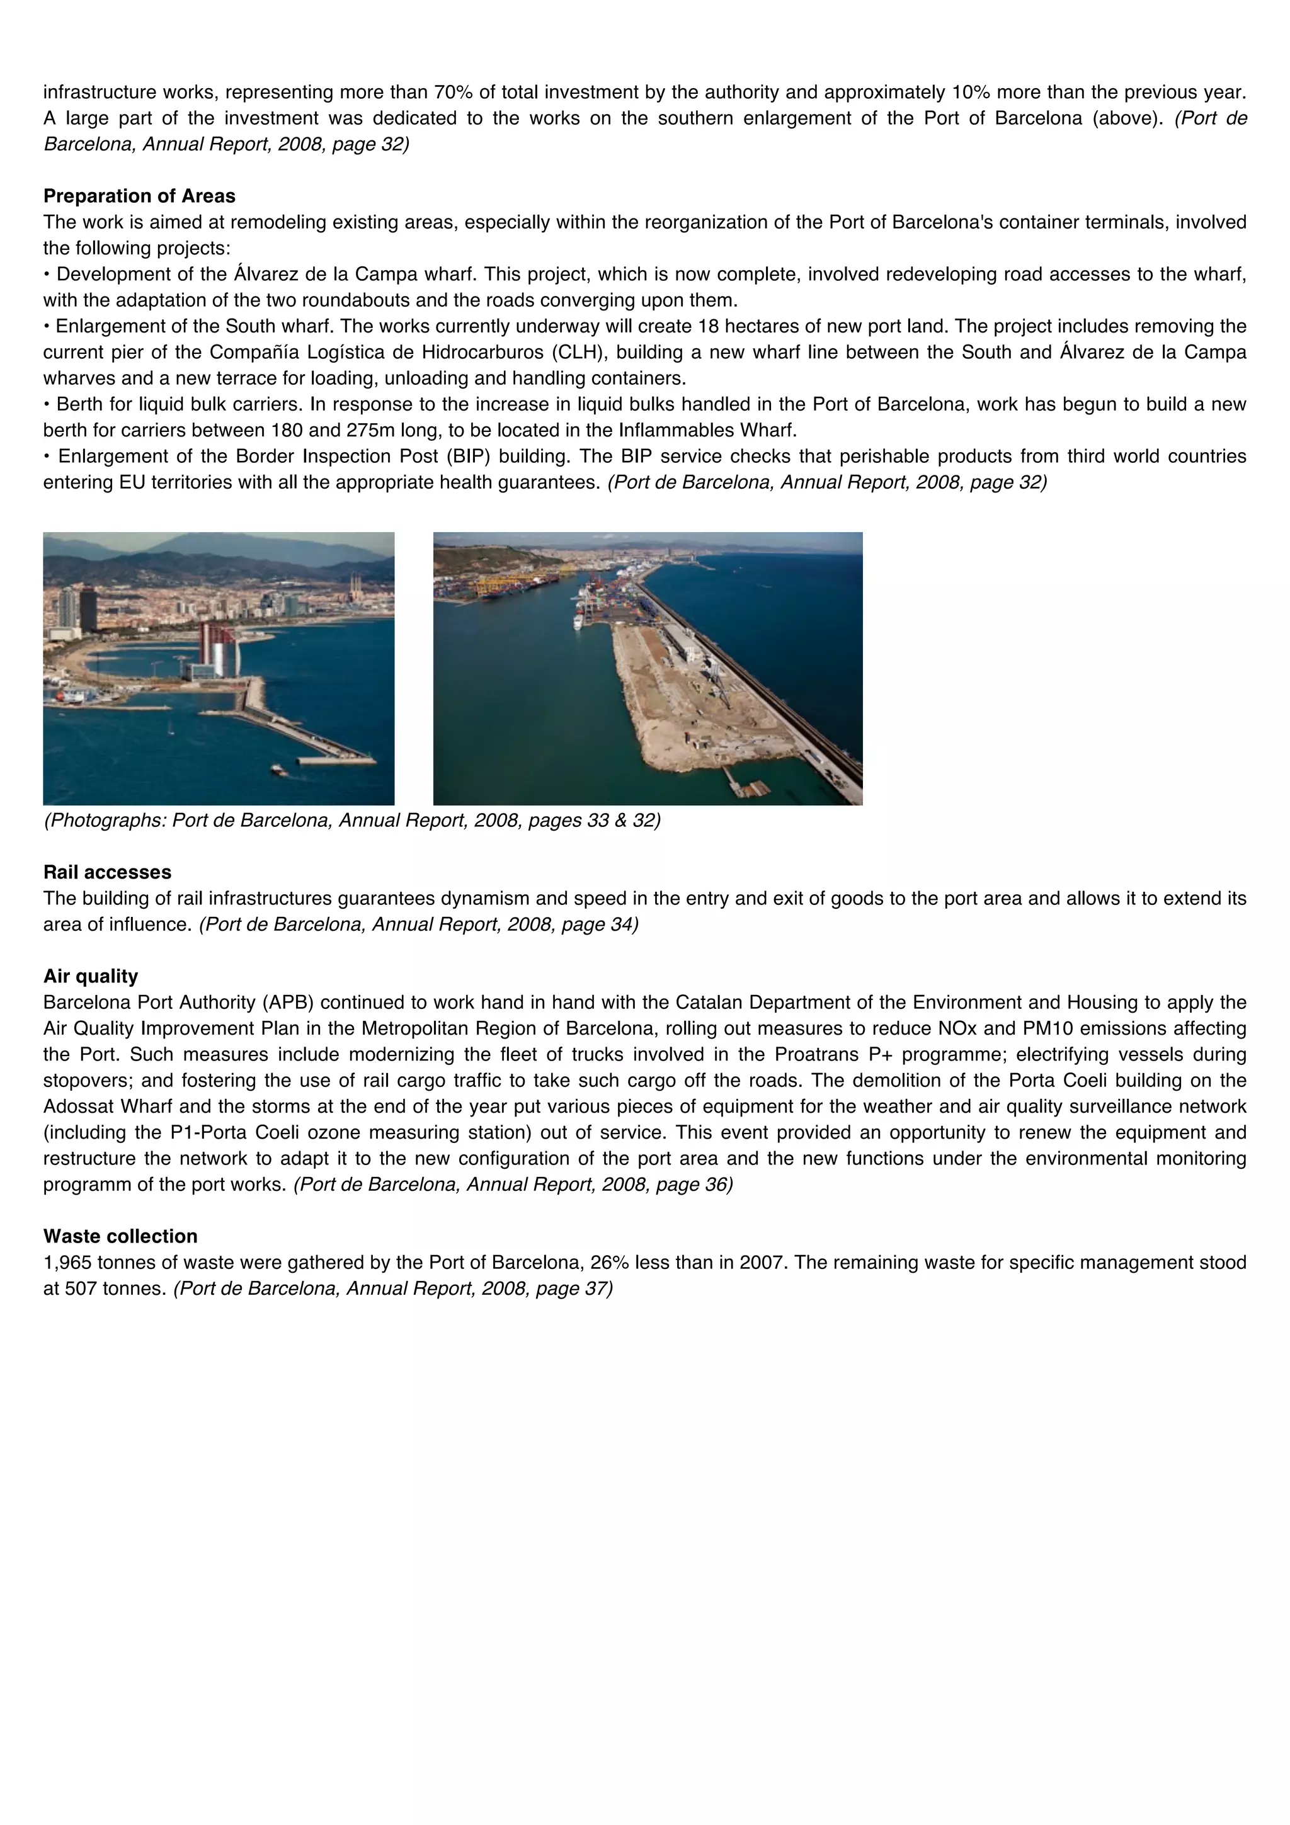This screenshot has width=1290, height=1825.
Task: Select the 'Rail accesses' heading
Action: click(x=107, y=872)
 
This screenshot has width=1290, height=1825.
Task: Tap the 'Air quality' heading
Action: click(x=91, y=976)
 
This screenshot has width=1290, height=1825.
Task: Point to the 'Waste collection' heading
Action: click(x=120, y=1236)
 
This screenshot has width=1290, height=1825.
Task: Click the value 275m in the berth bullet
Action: click(x=373, y=430)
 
